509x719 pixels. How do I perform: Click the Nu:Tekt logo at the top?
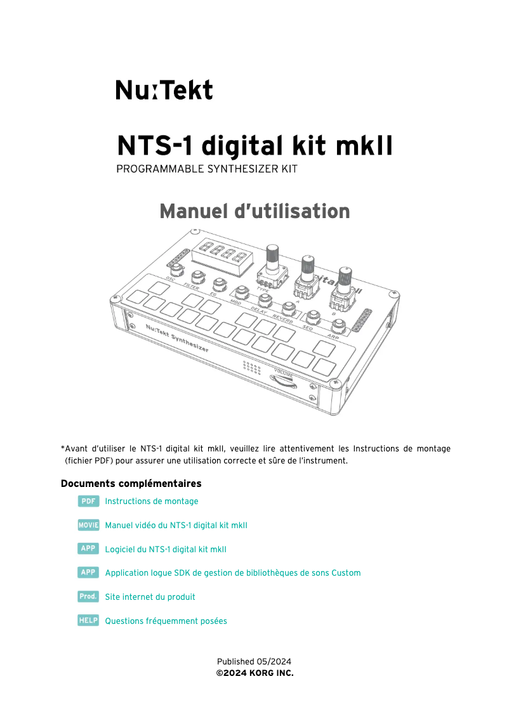[x=164, y=90]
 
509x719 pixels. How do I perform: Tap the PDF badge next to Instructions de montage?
[x=88, y=501]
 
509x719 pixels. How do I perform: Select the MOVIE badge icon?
[x=88, y=525]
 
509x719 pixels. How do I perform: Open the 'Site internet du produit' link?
[x=150, y=597]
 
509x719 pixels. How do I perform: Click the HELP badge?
[x=88, y=621]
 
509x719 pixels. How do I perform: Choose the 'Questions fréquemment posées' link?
[x=166, y=621]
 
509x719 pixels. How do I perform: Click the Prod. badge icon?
[x=88, y=597]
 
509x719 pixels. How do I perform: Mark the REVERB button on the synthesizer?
[x=289, y=308]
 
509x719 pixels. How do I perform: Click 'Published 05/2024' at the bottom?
[x=254, y=661]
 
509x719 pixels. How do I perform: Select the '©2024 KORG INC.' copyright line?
[x=255, y=672]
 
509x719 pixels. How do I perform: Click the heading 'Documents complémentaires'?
[x=131, y=484]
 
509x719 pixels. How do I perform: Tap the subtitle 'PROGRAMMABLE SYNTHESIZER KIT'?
[x=207, y=169]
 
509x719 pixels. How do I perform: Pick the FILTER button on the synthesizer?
[x=197, y=276]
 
